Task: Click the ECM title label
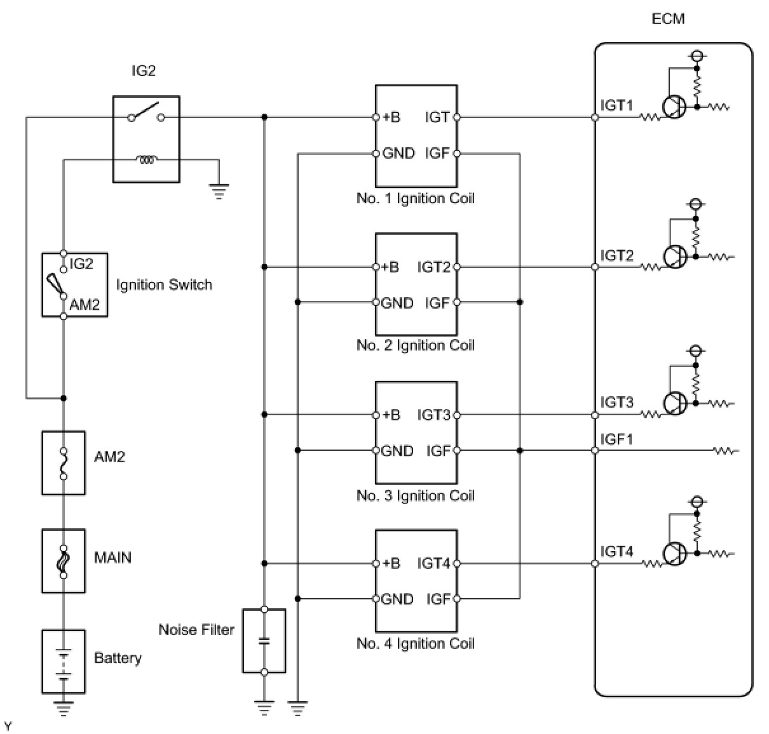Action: point(667,19)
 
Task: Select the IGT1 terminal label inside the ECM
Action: point(616,105)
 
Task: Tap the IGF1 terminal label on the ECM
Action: point(616,439)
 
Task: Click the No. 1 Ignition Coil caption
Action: point(415,198)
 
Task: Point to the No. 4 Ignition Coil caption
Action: point(415,644)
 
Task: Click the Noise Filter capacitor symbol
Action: point(264,641)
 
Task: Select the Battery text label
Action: point(118,658)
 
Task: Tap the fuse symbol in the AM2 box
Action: point(63,464)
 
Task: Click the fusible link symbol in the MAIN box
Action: point(63,561)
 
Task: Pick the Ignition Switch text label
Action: point(164,284)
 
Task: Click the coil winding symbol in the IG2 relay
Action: point(147,160)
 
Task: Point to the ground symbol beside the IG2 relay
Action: point(219,191)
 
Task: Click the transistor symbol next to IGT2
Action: point(674,257)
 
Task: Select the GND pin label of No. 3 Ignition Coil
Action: point(397,451)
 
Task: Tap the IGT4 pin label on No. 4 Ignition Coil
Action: point(433,563)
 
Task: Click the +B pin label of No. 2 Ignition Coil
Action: point(391,267)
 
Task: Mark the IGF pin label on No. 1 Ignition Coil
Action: point(437,153)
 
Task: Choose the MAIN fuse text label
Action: point(112,557)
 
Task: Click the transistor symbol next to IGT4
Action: point(674,554)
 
